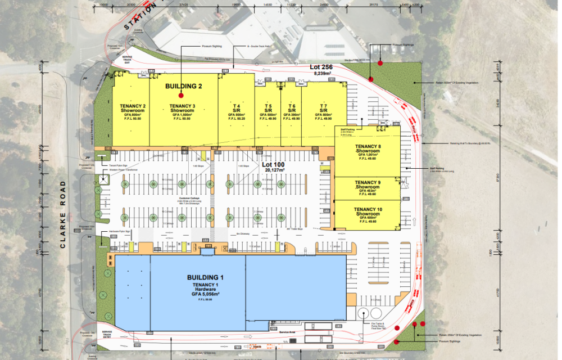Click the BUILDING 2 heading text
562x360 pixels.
point(183,87)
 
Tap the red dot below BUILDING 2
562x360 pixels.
point(180,96)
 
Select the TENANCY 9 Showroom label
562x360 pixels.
point(368,184)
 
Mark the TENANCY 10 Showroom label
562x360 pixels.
point(368,212)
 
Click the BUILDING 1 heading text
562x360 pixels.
point(206,277)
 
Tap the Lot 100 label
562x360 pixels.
point(274,165)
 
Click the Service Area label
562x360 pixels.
point(287,333)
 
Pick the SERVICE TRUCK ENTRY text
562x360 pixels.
point(107,335)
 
